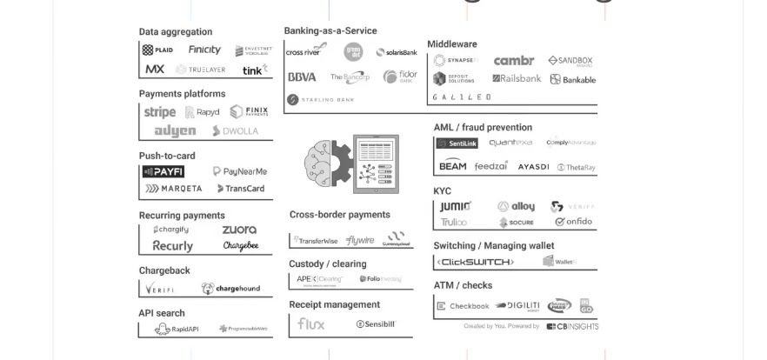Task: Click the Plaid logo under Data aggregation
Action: point(157,50)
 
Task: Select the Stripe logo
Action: point(159,112)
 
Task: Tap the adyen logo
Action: point(175,131)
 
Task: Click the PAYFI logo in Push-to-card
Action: point(163,172)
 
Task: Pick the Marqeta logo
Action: point(173,189)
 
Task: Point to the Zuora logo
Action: point(239,230)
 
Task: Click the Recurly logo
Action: point(172,246)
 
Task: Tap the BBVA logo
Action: point(302,77)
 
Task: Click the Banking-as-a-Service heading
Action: point(330,30)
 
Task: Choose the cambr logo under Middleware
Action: point(513,61)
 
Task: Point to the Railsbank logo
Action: point(517,78)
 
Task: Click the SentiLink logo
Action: point(457,143)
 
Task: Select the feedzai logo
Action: point(491,166)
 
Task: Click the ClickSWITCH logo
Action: point(475,262)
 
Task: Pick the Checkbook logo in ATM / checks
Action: point(463,306)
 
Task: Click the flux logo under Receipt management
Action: point(310,323)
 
